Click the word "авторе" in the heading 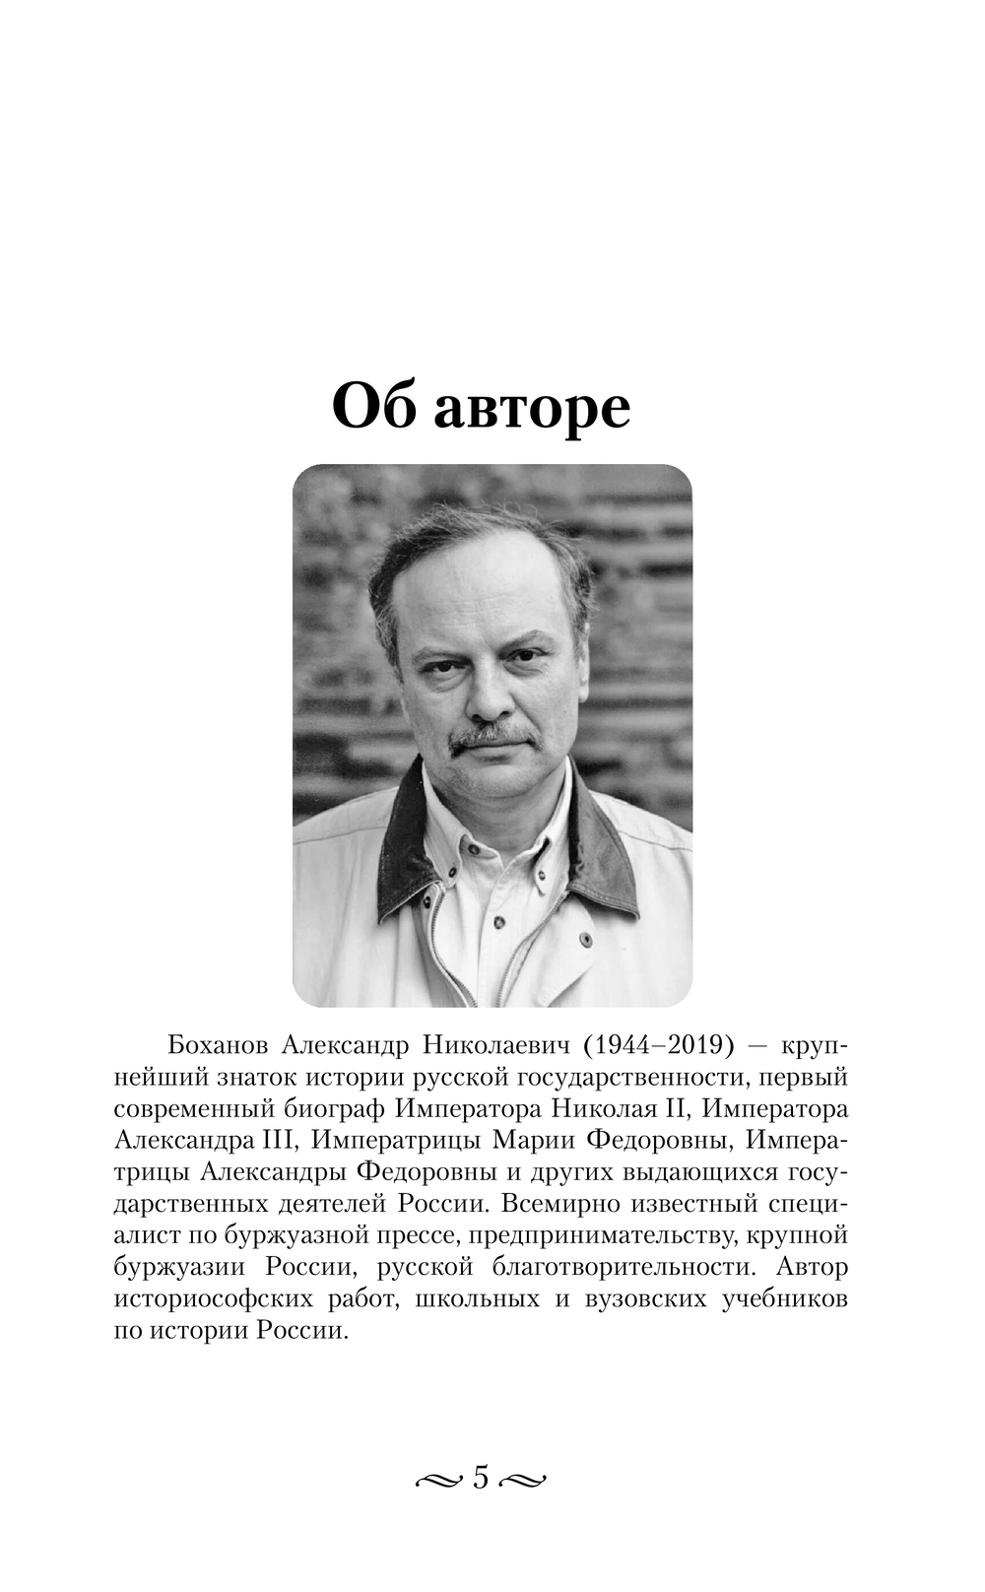[532, 407]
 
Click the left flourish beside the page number [439, 1480]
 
